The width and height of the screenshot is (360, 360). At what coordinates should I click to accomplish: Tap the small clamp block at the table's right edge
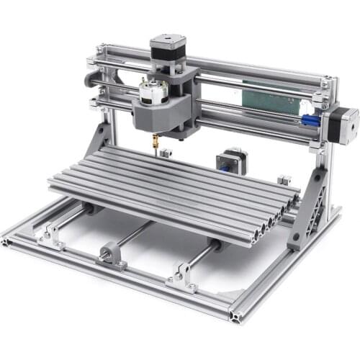(x=284, y=179)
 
